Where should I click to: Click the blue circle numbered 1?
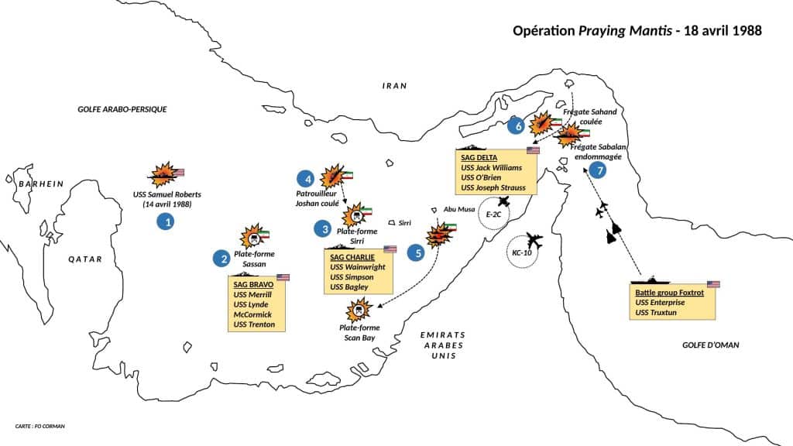click(x=164, y=221)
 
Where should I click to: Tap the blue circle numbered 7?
click(x=596, y=170)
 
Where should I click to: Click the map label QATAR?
click(x=85, y=259)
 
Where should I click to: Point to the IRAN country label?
click(x=394, y=86)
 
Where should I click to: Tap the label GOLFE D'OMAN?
click(x=711, y=345)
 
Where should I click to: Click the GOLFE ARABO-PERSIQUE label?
click(x=122, y=109)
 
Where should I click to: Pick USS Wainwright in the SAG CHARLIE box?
click(x=357, y=267)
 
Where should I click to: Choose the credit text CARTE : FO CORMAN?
click(x=40, y=427)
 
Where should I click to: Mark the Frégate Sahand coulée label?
click(x=590, y=117)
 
